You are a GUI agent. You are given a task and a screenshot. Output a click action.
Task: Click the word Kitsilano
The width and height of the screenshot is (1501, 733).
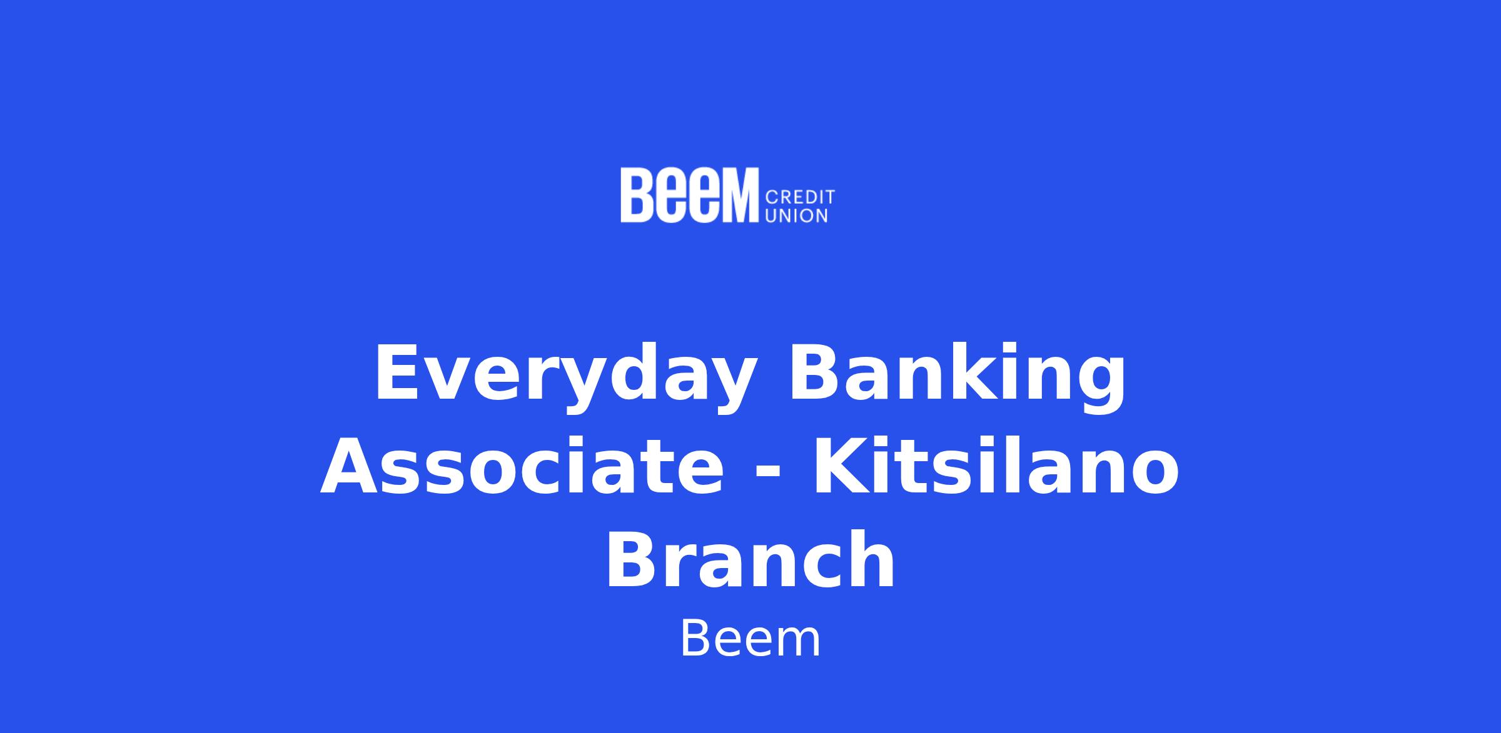996,466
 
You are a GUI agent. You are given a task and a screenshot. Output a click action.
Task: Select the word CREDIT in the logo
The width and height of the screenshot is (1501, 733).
801,197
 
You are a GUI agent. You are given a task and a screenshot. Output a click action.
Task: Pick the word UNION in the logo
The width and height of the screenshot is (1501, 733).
797,216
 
